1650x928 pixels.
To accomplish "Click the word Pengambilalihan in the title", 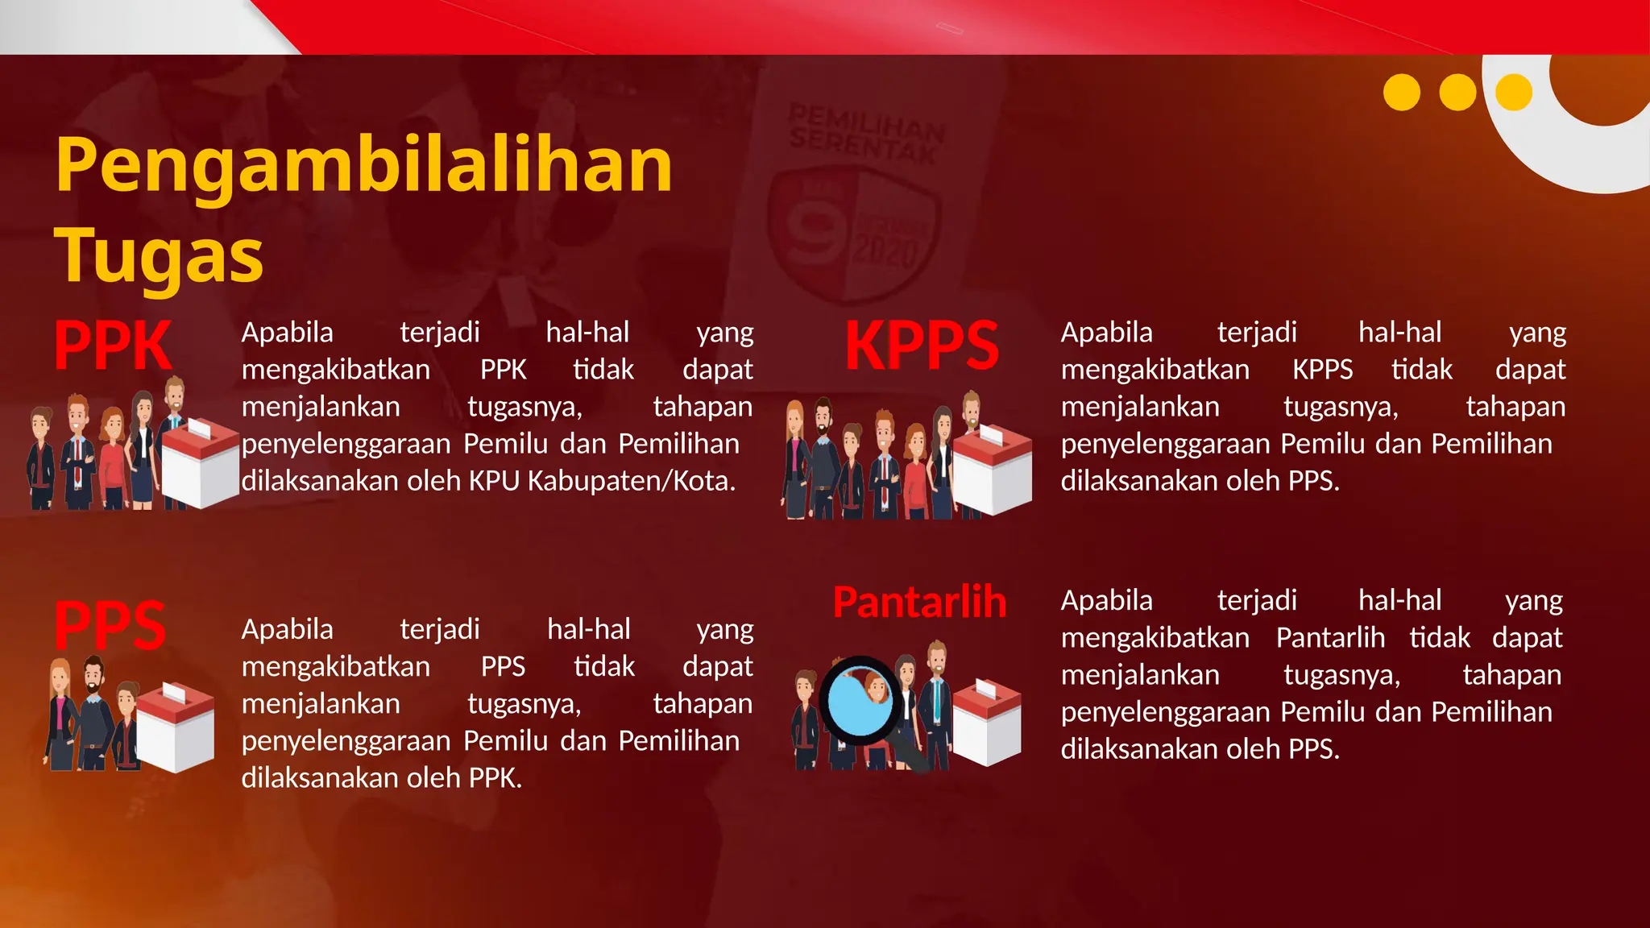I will tap(363, 165).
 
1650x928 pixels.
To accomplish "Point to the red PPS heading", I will tap(110, 626).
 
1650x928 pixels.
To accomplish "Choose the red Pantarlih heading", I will tap(919, 603).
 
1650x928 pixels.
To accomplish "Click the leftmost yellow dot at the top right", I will tap(1401, 93).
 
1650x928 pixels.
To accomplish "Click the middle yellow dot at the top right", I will tap(1457, 93).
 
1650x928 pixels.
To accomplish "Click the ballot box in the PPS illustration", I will tap(175, 727).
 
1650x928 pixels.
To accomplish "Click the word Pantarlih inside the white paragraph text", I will tap(1330, 638).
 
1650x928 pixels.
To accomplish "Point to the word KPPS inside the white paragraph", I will tap(1322, 370).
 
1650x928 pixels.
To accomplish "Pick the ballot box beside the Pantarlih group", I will tap(987, 722).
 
